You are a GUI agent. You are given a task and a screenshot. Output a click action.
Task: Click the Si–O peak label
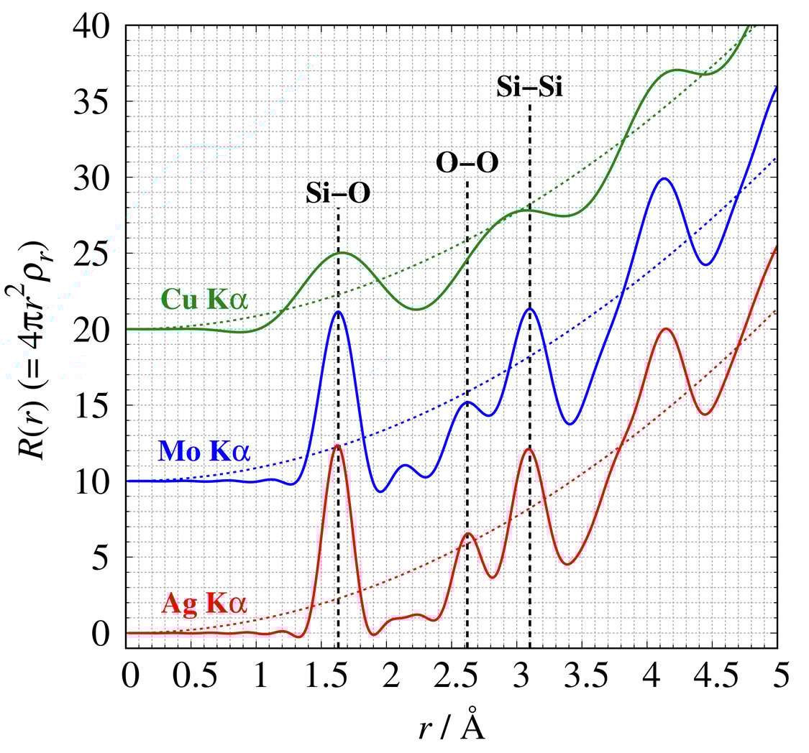click(x=338, y=193)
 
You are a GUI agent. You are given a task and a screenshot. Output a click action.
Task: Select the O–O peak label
click(x=467, y=163)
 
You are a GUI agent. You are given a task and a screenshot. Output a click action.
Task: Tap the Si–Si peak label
click(x=529, y=88)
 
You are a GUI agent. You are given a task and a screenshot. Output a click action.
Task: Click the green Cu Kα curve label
click(x=205, y=300)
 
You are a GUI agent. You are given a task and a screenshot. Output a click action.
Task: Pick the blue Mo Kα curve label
click(x=204, y=452)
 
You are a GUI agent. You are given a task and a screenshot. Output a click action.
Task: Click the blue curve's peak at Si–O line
click(x=337, y=311)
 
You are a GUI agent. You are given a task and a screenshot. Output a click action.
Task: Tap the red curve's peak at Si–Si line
click(x=529, y=448)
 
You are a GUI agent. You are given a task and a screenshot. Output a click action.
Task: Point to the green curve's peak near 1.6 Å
click(x=341, y=252)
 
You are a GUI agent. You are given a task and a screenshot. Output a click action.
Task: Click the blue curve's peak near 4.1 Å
click(x=664, y=178)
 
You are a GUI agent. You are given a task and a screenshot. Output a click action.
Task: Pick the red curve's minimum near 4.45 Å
click(x=705, y=414)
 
